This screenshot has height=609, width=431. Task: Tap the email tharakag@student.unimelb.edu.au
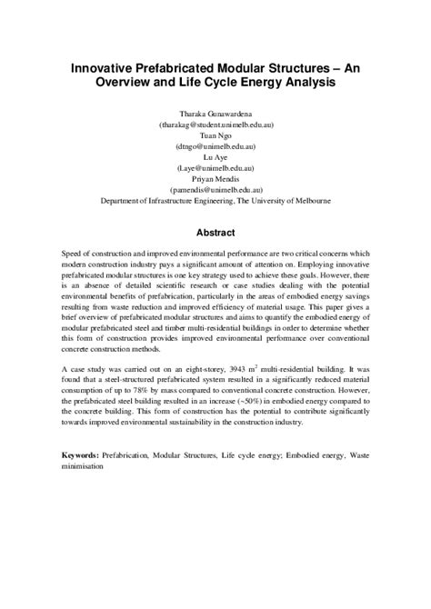coord(215,125)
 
